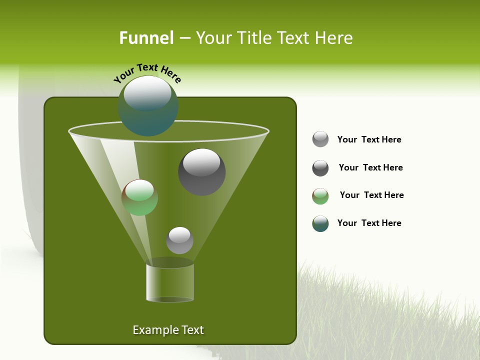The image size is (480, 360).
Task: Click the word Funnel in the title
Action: pos(146,38)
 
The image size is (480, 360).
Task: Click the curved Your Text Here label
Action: pos(147,72)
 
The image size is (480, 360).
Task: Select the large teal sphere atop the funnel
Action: pos(148,105)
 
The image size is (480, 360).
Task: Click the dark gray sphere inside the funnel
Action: pos(202,172)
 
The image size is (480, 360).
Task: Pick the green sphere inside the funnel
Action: pos(139,197)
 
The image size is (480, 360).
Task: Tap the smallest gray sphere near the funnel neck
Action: pos(179,240)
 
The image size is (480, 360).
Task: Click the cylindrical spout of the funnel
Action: pos(170,282)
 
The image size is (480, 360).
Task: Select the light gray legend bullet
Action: pos(320,139)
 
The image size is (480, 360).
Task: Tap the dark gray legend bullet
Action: pos(320,168)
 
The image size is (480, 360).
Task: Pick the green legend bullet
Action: pos(320,196)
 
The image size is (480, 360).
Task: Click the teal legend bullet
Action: pos(320,223)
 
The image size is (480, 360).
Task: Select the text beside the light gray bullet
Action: pos(369,139)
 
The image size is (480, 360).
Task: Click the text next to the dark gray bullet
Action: pos(370,167)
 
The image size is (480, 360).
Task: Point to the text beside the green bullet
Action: pos(371,195)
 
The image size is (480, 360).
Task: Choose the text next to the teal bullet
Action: pos(369,223)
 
